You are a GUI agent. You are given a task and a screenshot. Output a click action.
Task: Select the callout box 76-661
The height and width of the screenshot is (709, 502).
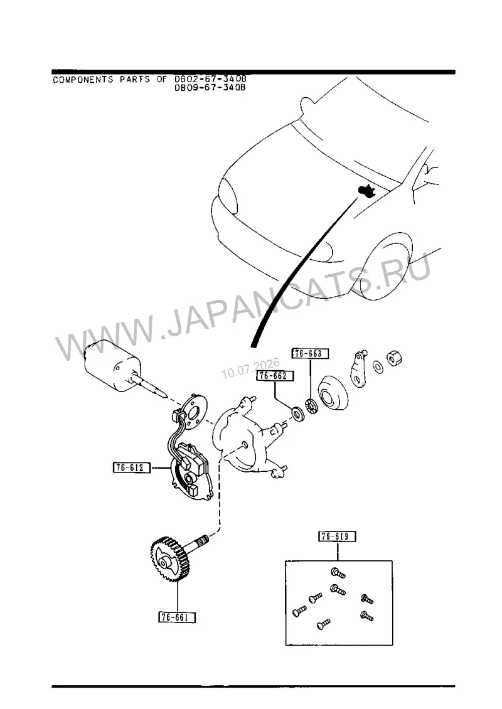pos(177,617)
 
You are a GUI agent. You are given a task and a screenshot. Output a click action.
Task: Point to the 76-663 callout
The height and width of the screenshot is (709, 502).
pos(310,353)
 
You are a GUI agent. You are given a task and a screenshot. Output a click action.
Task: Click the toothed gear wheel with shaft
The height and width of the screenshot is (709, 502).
pos(174,556)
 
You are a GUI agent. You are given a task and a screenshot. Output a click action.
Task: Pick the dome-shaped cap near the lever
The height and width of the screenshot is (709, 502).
pos(333,394)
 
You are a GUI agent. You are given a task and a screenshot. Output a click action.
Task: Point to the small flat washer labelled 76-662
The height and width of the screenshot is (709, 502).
pos(298,413)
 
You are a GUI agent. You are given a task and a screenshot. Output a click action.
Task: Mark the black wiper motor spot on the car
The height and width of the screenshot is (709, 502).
pos(367,190)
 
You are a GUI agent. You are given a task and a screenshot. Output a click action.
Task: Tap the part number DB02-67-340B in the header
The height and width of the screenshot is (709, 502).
pos(210,79)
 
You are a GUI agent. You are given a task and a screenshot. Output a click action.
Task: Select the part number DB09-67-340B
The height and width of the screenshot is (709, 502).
pos(210,88)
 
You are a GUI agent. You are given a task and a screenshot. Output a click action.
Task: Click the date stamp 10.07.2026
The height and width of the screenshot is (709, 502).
pos(250,368)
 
